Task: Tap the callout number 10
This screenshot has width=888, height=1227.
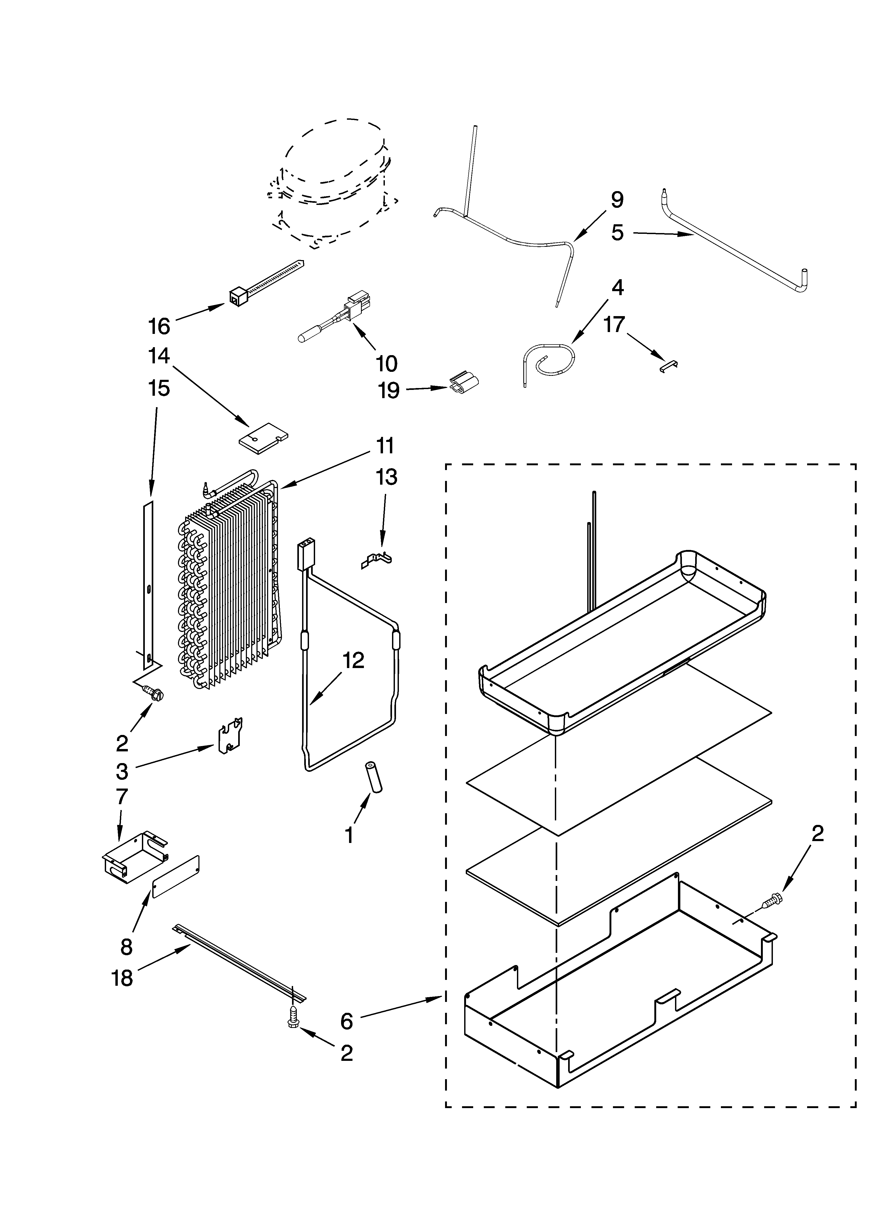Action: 386,364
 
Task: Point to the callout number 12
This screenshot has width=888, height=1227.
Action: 353,661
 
